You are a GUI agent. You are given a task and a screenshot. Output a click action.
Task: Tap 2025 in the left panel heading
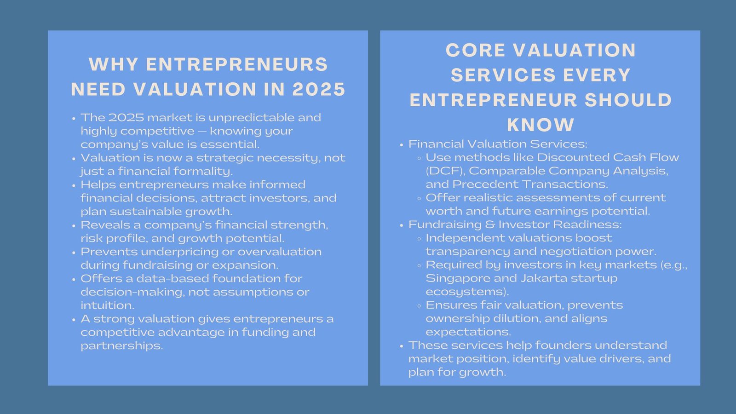click(x=319, y=89)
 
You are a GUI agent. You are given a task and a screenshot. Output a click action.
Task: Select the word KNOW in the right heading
click(x=540, y=125)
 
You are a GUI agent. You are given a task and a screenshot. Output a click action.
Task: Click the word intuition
click(x=107, y=305)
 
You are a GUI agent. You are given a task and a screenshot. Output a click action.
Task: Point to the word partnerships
click(x=121, y=345)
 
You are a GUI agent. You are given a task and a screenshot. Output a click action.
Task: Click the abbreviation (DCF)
click(x=445, y=171)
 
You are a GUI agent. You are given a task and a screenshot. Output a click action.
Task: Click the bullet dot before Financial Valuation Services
click(x=402, y=145)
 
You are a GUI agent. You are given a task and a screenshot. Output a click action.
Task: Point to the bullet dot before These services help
click(x=402, y=346)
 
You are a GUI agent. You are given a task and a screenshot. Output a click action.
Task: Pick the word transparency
click(x=467, y=252)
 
